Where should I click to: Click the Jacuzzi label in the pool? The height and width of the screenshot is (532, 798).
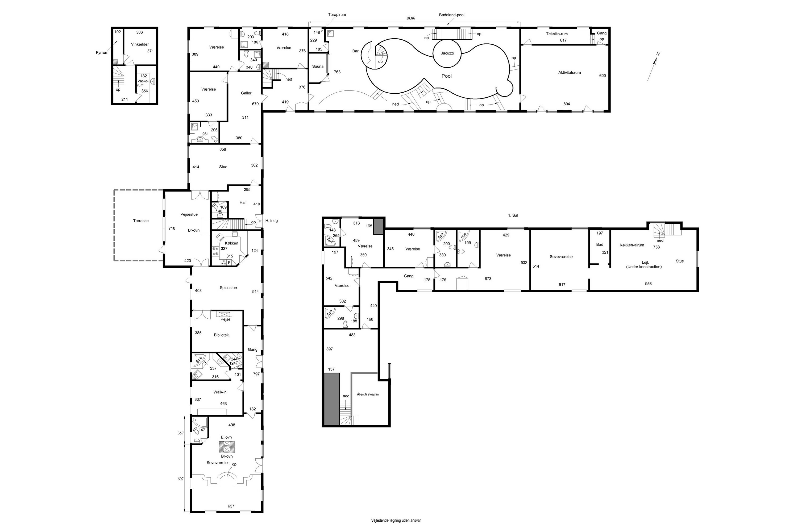[x=447, y=53]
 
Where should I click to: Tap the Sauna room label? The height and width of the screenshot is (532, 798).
[x=318, y=66]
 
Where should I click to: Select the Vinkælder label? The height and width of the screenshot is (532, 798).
[x=140, y=44]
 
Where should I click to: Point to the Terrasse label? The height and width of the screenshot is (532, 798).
[x=141, y=221]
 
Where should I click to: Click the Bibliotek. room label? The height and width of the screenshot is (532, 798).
[x=222, y=335]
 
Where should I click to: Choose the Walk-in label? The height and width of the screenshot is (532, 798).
[x=220, y=392]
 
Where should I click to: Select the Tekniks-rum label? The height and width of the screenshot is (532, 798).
[x=557, y=34]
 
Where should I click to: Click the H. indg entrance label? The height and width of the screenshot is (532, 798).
[x=271, y=221]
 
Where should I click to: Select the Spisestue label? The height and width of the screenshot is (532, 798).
[x=228, y=288]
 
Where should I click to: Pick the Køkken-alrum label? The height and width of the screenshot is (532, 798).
[x=631, y=245]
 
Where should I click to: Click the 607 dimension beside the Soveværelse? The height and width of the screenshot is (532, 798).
[x=181, y=479]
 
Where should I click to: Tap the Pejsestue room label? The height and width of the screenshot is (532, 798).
[x=189, y=214]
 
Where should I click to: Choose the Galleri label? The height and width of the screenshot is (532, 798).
[x=247, y=93]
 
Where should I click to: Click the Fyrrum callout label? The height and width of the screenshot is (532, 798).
[x=102, y=53]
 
